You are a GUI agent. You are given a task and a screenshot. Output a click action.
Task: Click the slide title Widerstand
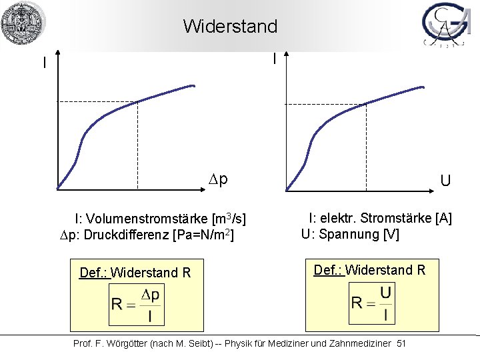click(230, 27)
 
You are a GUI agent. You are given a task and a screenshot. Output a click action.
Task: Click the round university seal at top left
click(23, 23)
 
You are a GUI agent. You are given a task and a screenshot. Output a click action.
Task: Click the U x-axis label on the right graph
click(445, 181)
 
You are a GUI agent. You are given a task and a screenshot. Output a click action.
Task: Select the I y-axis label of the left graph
click(44, 63)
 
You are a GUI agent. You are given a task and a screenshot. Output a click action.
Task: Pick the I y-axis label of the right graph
click(275, 59)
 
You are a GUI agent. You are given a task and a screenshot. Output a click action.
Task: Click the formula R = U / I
click(372, 303)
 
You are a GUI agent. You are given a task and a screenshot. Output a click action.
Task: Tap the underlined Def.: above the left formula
click(93, 273)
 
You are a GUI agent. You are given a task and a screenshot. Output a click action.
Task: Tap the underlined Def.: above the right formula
click(328, 270)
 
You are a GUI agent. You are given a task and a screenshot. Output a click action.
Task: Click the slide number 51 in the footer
click(401, 343)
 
